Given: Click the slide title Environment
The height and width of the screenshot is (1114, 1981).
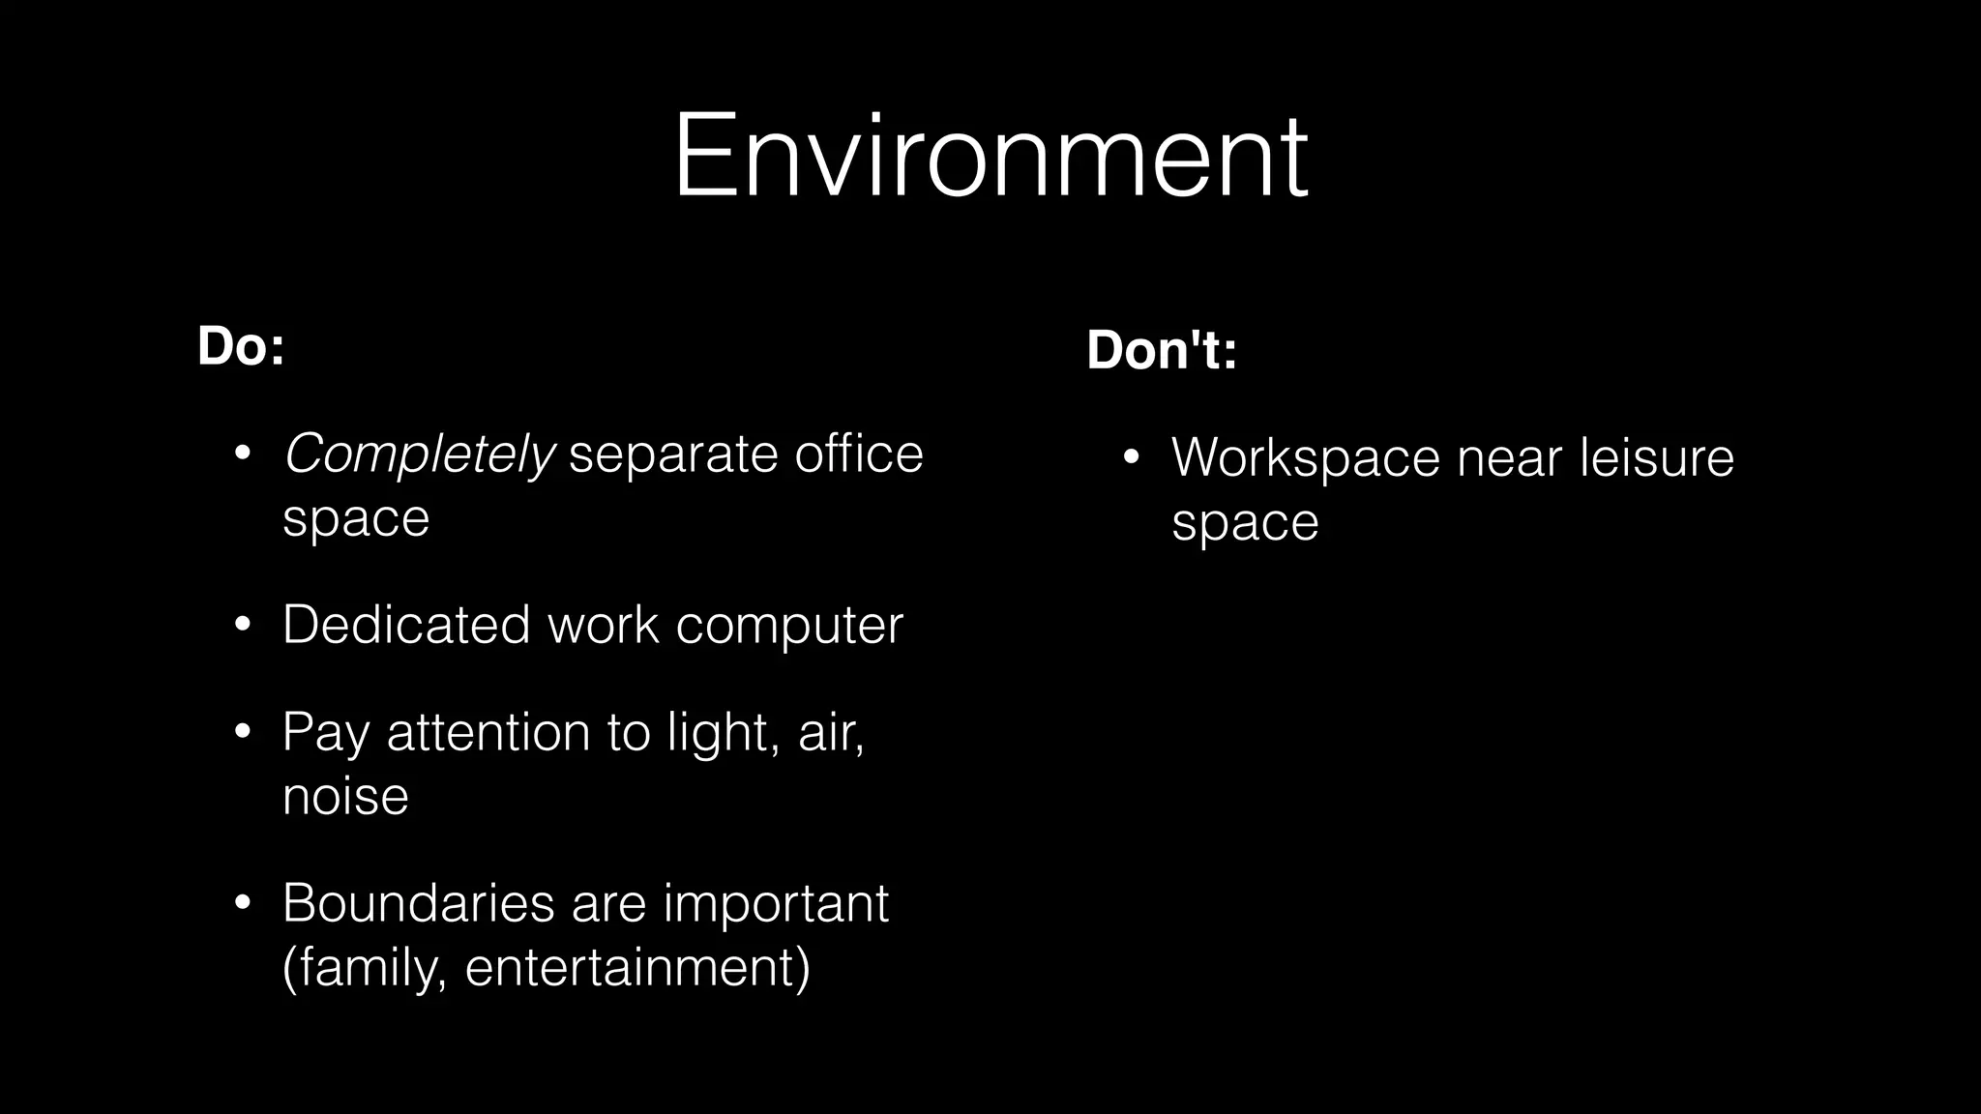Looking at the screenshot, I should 990,157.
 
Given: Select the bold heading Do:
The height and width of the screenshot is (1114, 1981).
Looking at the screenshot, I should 241,346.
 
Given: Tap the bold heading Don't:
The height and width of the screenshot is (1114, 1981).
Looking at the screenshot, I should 1162,349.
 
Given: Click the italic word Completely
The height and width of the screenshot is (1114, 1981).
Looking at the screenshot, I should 419,454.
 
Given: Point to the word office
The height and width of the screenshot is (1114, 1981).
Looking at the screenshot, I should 858,454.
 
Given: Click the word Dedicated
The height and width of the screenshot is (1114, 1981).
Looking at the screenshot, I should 406,624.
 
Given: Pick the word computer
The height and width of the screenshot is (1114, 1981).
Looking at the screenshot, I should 788,626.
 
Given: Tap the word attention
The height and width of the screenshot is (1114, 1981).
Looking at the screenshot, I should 488,731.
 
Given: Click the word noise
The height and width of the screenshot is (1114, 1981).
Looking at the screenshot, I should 345,796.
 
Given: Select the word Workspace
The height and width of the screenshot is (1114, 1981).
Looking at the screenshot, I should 1305,457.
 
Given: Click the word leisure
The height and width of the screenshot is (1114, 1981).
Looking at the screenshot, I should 1656,457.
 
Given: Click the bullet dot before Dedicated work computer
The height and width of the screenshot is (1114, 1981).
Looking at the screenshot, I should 243,625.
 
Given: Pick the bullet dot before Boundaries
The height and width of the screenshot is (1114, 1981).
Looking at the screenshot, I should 243,903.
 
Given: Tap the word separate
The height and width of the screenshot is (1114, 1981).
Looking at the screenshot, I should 673,455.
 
